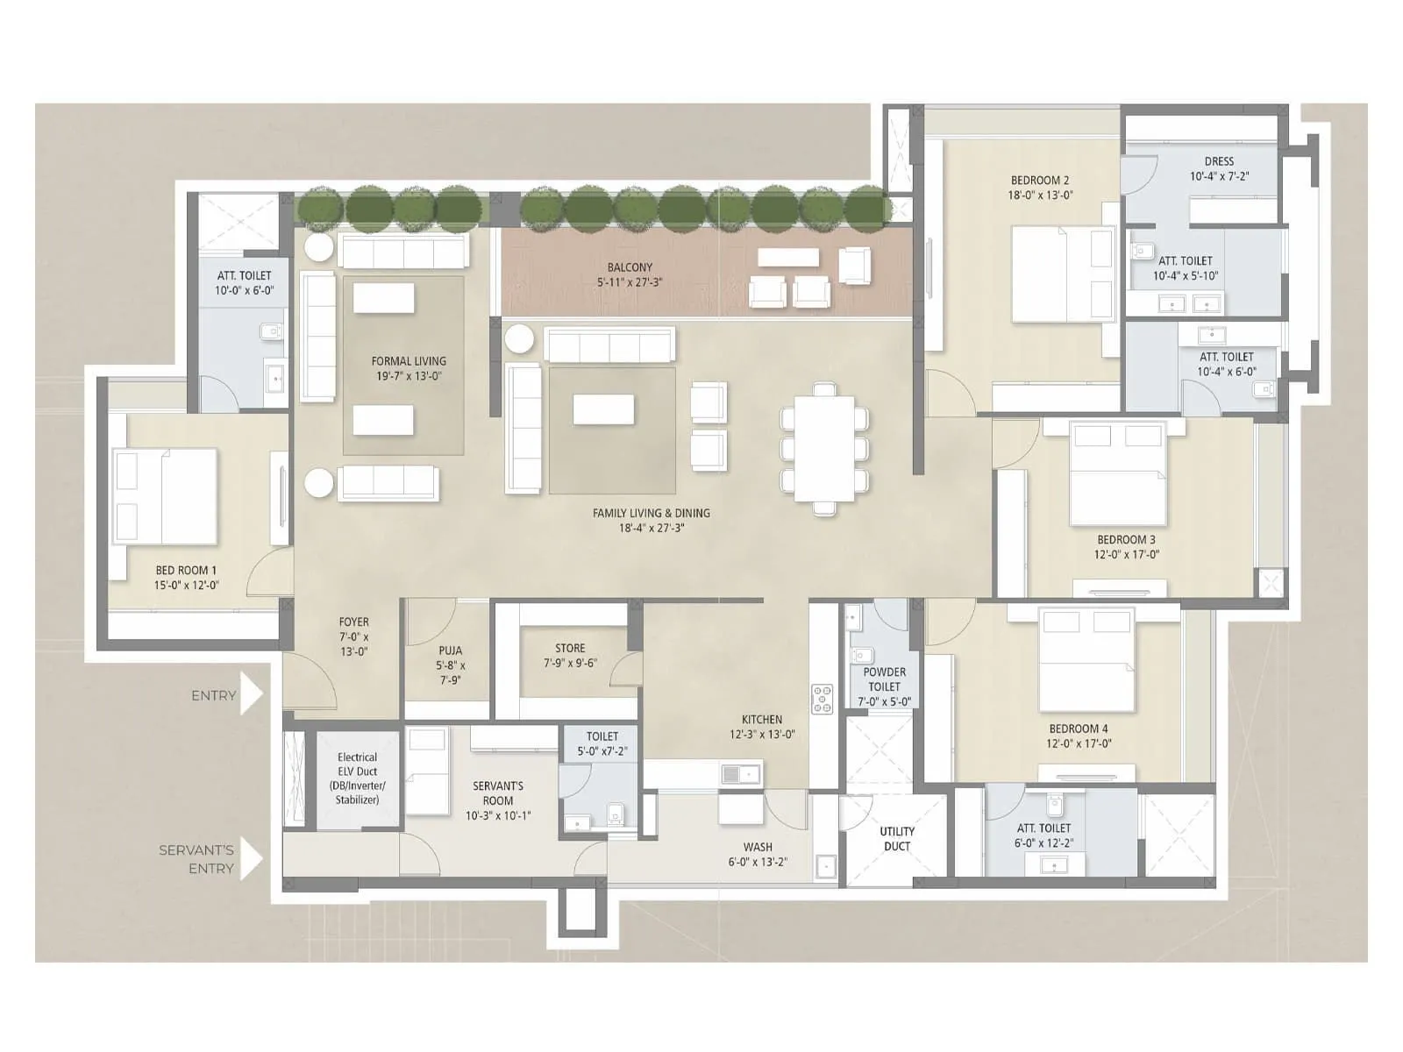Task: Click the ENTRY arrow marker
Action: coord(251,695)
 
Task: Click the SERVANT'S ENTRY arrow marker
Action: coord(251,858)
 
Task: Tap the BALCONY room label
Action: coord(630,267)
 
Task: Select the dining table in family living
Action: coord(823,449)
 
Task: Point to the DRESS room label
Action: coord(1218,161)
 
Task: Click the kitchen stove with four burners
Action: coord(822,699)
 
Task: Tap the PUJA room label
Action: coord(451,650)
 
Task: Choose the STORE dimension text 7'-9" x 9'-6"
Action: coord(570,664)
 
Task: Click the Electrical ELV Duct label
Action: coord(357,778)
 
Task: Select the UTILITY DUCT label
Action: coord(896,838)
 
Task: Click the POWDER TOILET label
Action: coord(884,679)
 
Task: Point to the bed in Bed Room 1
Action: coord(165,496)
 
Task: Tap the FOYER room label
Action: coord(353,622)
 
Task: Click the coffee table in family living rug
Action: coord(603,409)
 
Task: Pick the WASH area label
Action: coord(758,847)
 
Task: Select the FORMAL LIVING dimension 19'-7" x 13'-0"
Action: coord(409,376)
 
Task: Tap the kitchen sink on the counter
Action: coord(741,773)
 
